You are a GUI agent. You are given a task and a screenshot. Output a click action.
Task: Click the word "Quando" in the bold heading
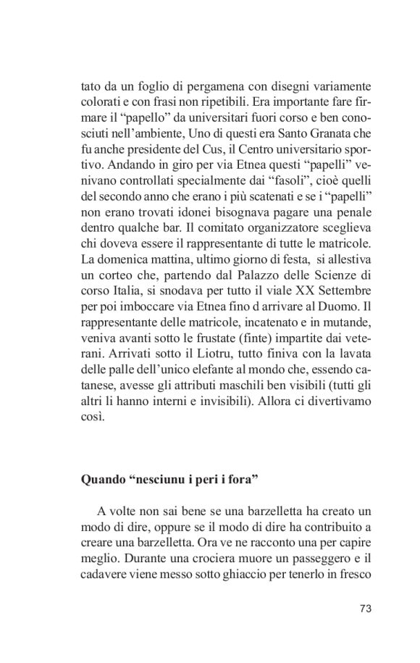101,480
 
